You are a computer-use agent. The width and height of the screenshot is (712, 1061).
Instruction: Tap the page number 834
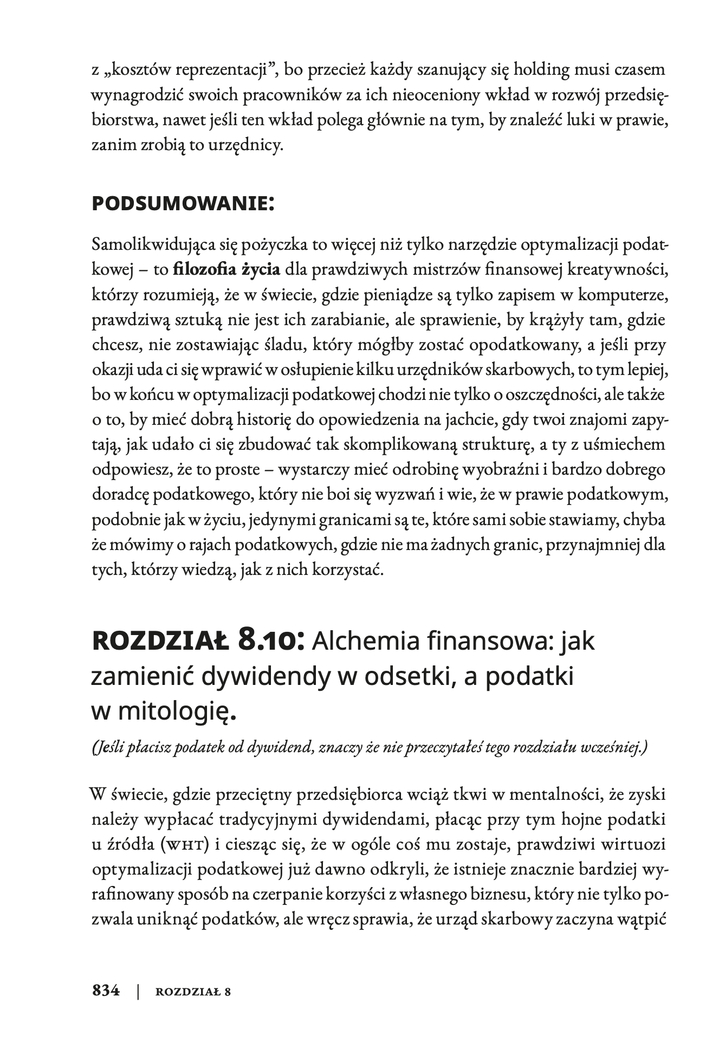(106, 991)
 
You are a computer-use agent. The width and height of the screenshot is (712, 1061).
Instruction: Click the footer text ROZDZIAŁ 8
(193, 992)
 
